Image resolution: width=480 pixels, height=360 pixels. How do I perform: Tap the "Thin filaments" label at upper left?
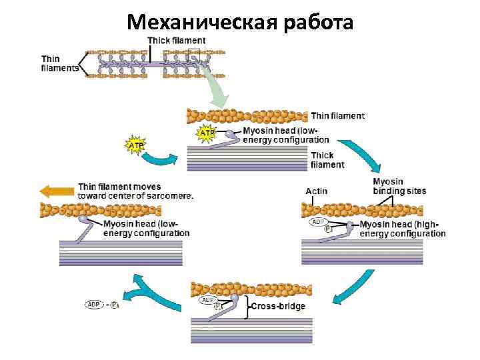pos(59,63)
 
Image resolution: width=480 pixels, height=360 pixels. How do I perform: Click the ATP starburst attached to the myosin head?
pos(207,133)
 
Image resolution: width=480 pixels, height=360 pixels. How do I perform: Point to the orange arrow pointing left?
pos(57,191)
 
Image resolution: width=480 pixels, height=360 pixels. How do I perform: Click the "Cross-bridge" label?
pos(278,306)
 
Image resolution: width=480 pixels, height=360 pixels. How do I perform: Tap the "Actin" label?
pos(317,191)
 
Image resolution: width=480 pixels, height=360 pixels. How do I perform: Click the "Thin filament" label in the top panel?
pos(337,115)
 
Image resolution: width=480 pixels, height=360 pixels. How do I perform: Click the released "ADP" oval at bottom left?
pos(94,305)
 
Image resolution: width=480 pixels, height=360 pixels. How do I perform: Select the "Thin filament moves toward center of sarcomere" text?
pos(135,191)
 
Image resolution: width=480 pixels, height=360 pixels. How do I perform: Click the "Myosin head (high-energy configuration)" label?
pos(403,229)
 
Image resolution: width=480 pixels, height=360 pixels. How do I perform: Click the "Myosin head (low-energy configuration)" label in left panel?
pos(146,229)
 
